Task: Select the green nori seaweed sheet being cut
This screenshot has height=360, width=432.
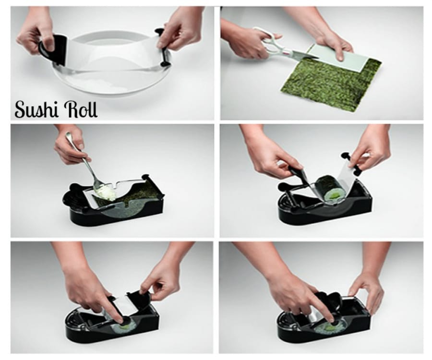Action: (x=331, y=83)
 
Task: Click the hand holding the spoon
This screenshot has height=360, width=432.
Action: (x=70, y=144)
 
